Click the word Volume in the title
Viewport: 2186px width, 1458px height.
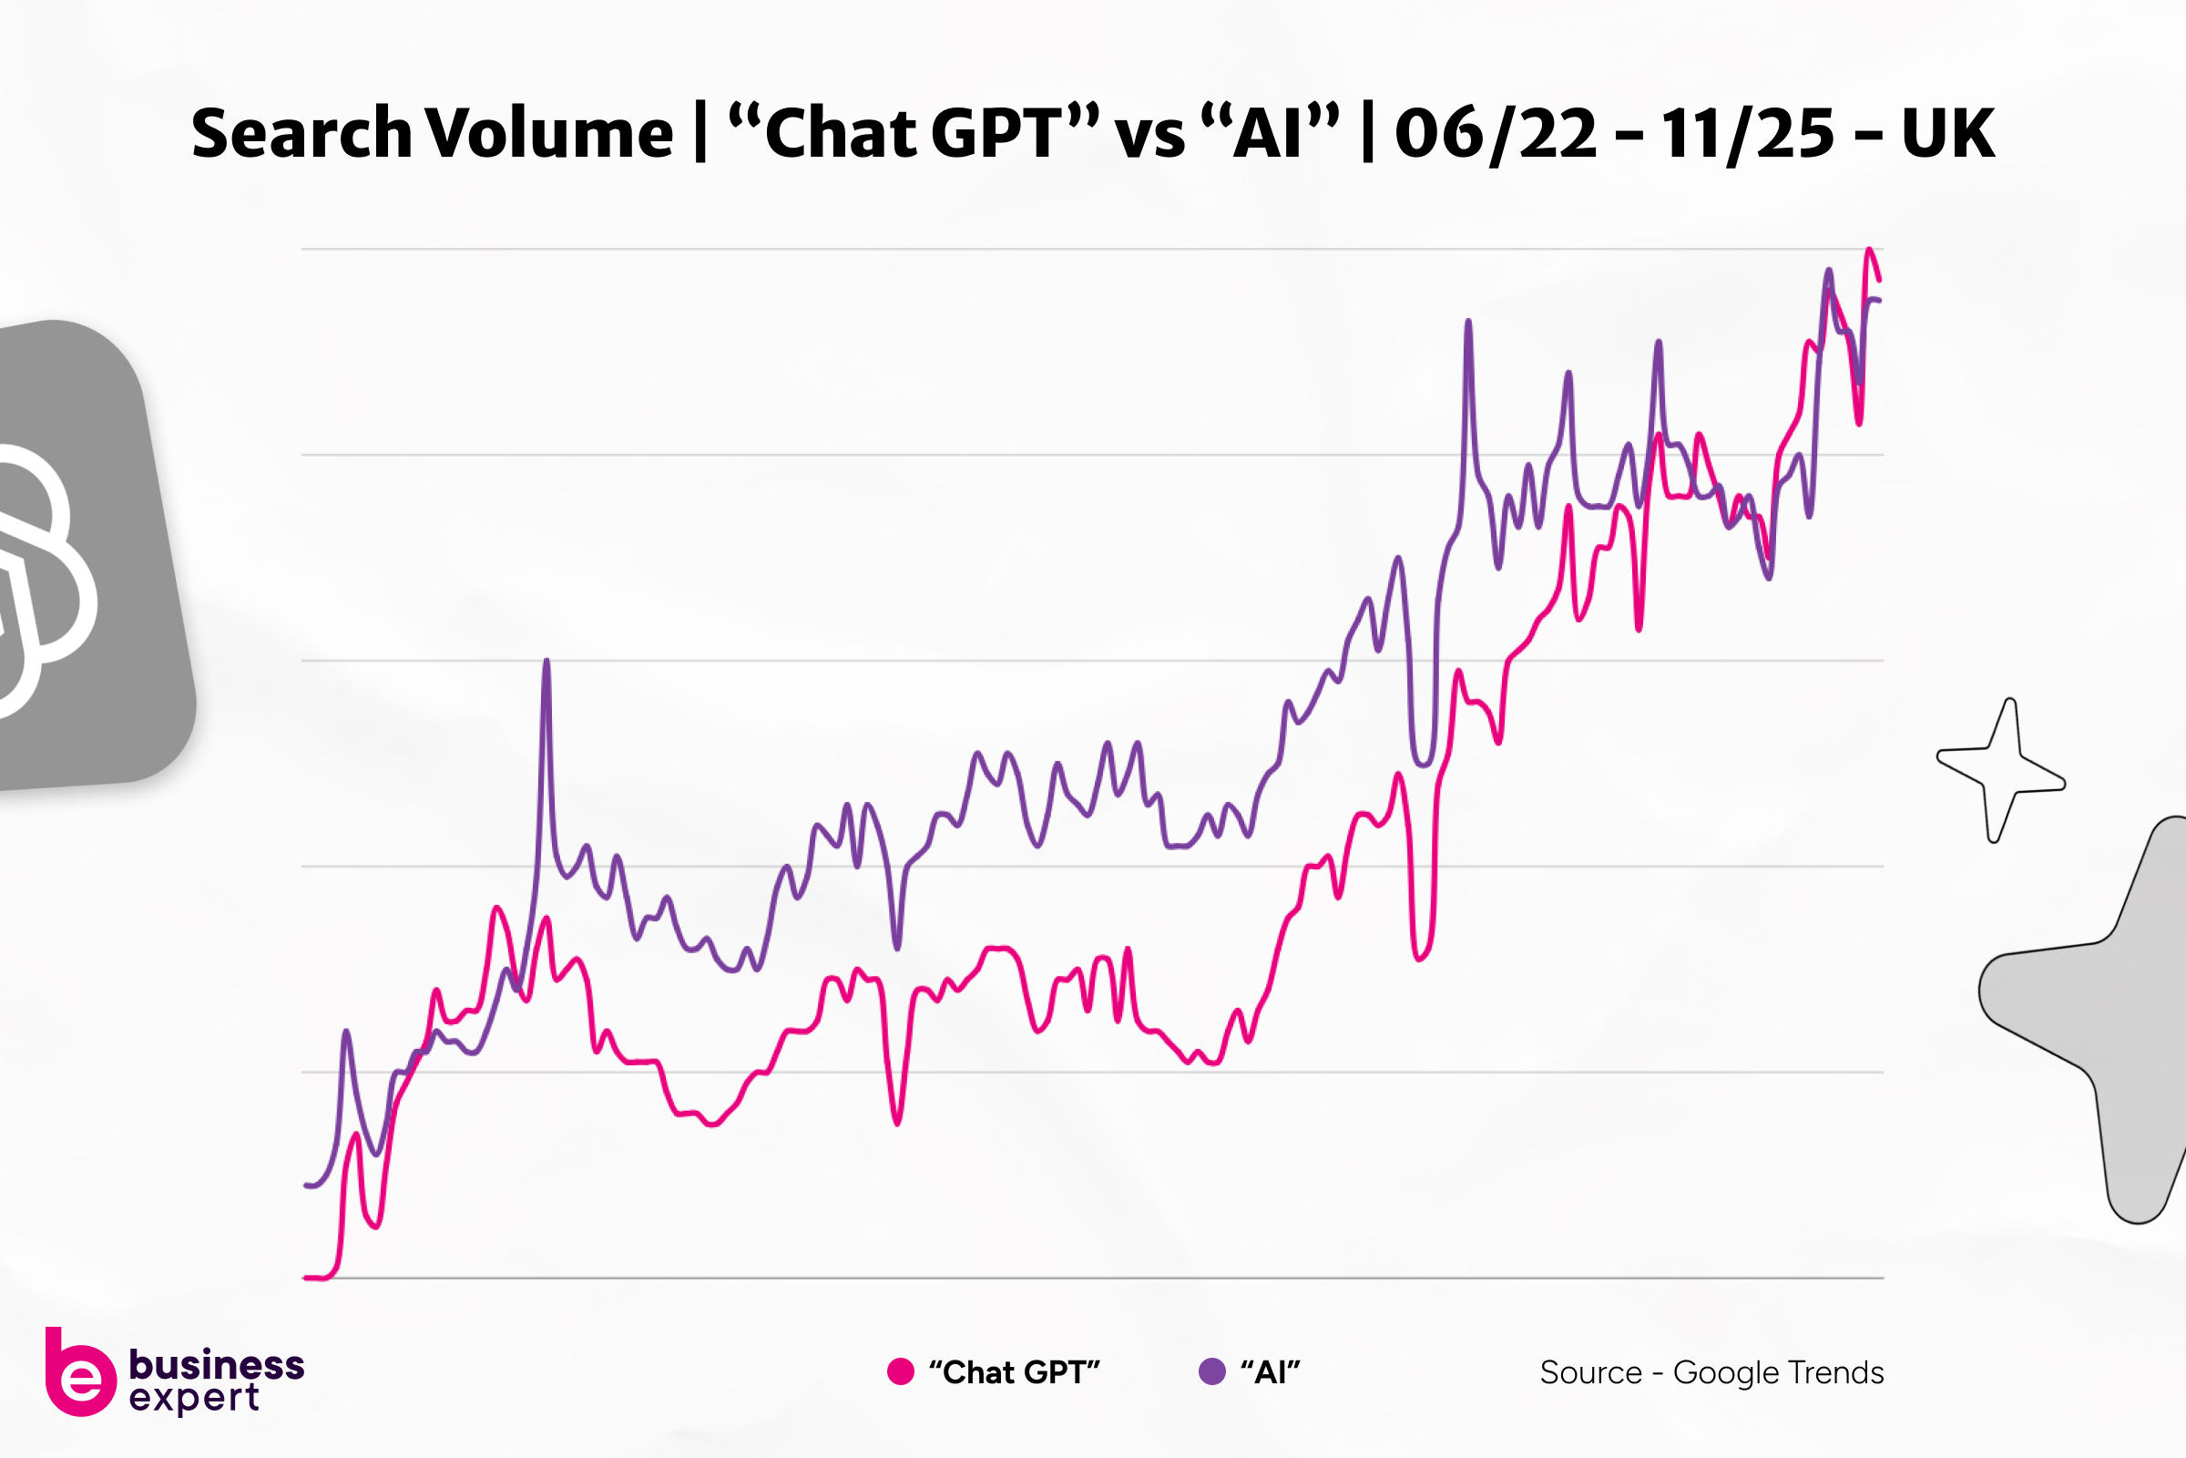(x=549, y=133)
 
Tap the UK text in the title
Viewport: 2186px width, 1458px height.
(x=1948, y=133)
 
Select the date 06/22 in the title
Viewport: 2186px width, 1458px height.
(x=1496, y=133)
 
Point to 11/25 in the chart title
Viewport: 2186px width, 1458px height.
(x=1747, y=133)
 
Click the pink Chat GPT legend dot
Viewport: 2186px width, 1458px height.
(x=901, y=1371)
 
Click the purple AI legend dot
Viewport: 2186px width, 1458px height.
(x=1212, y=1371)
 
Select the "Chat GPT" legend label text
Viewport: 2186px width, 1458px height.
(x=1014, y=1372)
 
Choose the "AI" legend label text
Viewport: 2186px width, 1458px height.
(x=1271, y=1372)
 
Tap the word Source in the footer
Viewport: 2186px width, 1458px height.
(x=1591, y=1372)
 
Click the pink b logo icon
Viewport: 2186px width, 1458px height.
(x=80, y=1374)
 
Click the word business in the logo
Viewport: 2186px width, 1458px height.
(x=217, y=1364)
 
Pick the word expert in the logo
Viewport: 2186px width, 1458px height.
(x=194, y=1398)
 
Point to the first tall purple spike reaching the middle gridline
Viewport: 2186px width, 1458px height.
(x=546, y=662)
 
